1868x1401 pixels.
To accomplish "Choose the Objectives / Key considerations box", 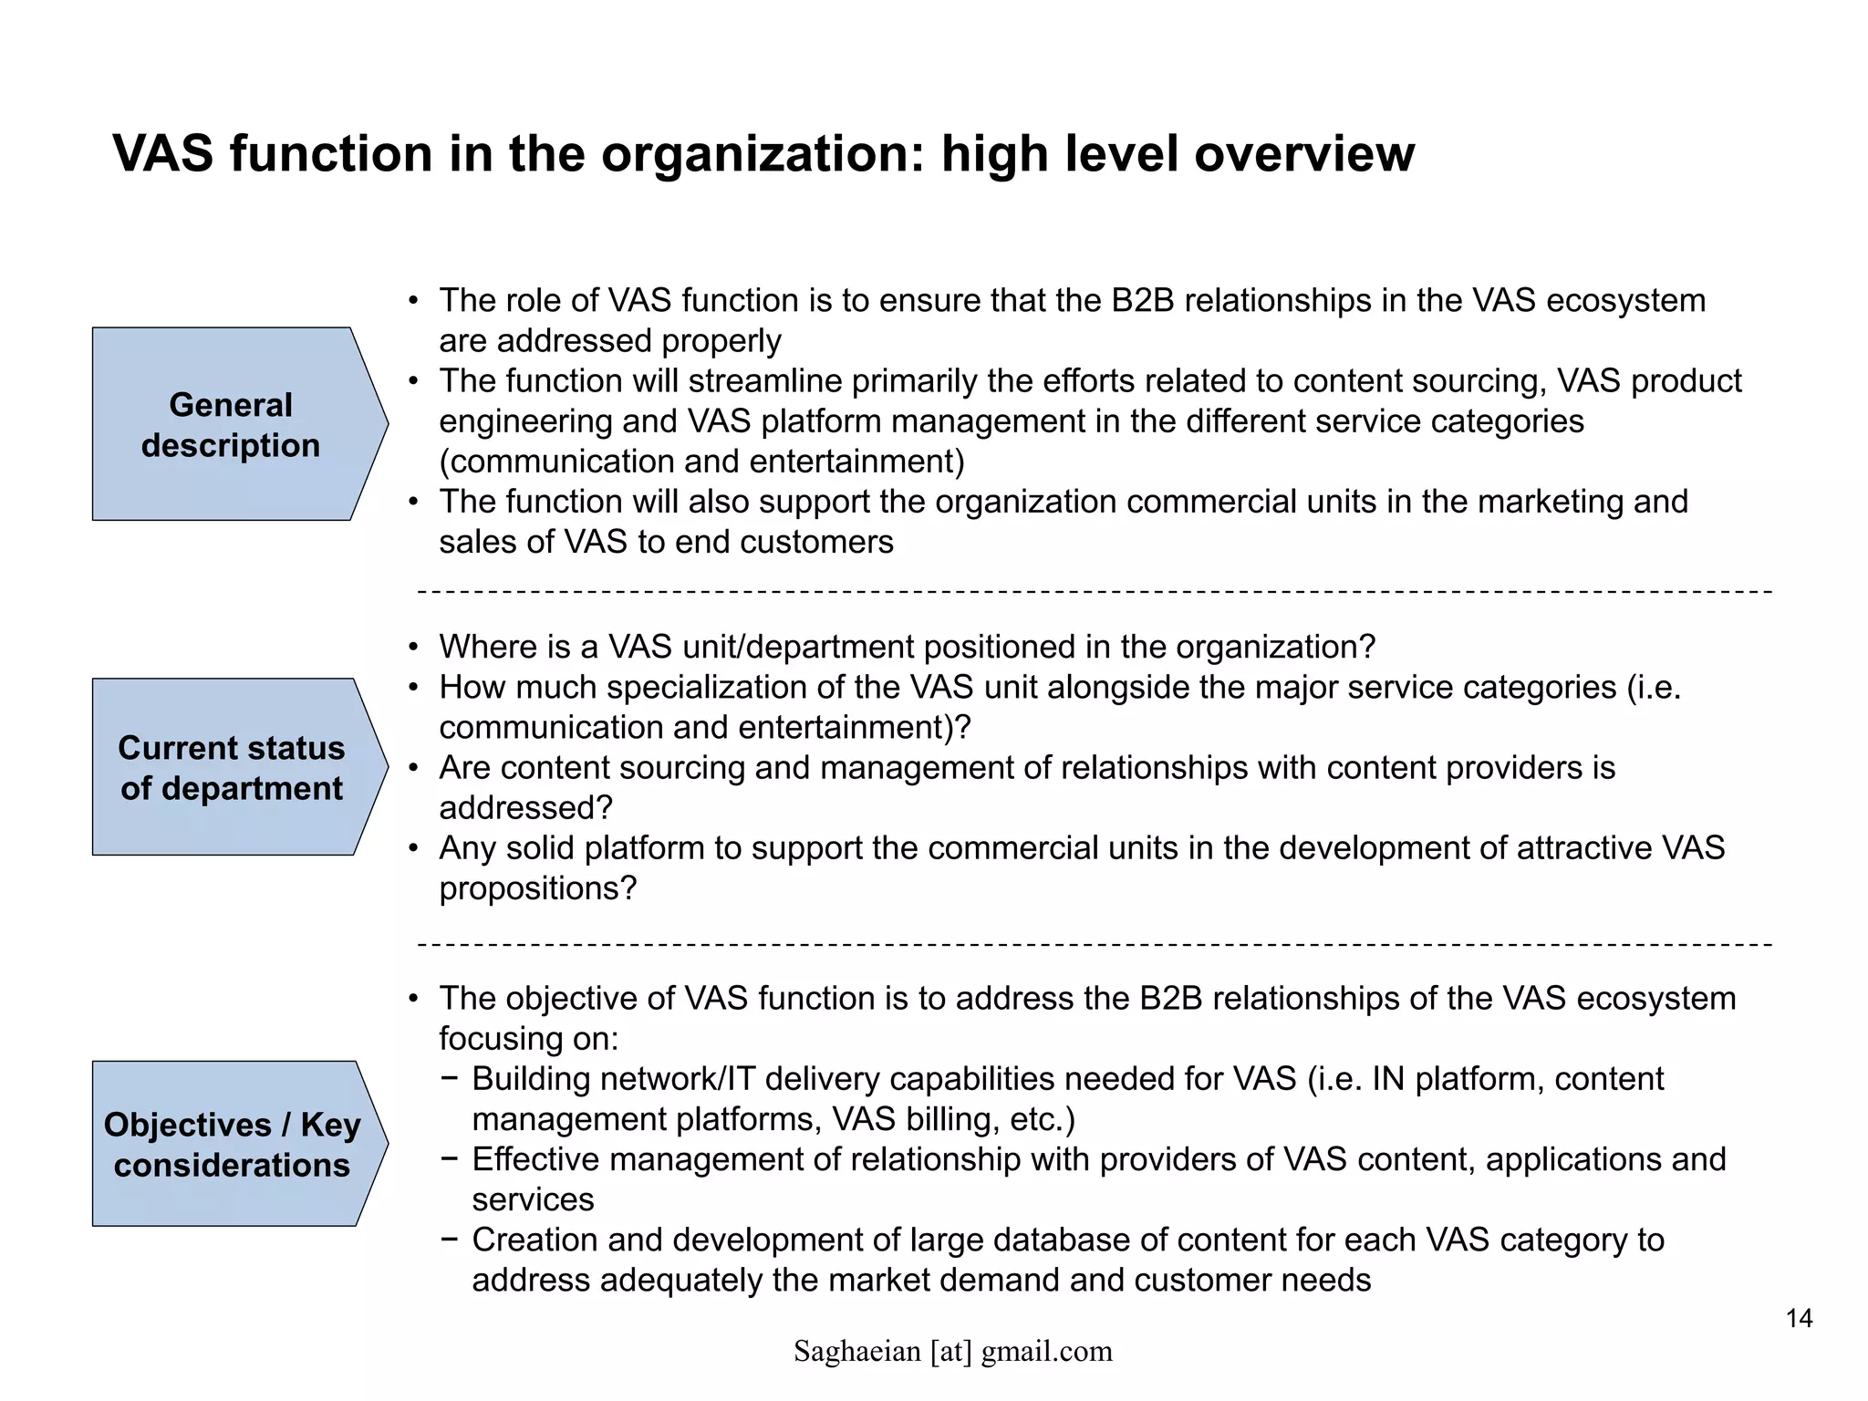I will (x=232, y=1145).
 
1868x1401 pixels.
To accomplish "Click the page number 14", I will (x=1799, y=1318).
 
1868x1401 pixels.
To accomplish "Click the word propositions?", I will (x=537, y=888).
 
